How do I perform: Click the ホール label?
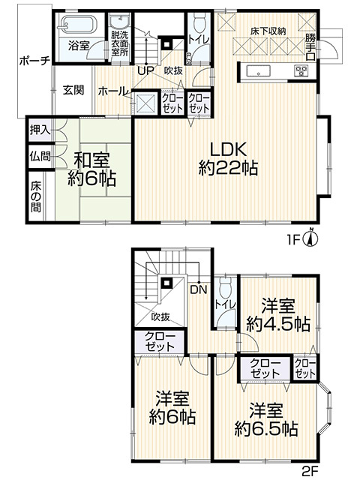112,90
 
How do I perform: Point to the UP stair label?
145,70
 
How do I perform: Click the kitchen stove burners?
301,72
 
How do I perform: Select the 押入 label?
40,129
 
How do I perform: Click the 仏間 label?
40,157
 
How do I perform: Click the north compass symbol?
314,238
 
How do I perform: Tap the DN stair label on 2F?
198,289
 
